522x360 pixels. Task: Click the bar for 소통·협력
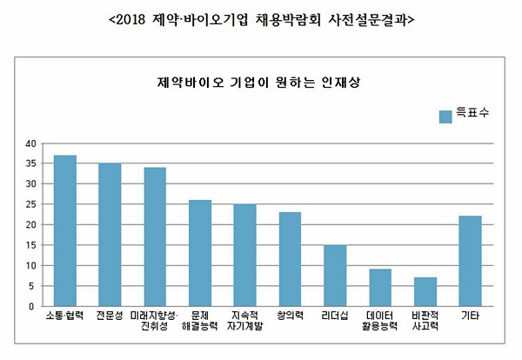point(64,230)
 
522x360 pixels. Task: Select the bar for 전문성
point(110,235)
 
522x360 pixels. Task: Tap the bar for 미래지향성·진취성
point(155,237)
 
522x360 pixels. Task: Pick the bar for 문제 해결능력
point(200,253)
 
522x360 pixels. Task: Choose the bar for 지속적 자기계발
point(244,255)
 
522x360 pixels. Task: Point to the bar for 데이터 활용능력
point(380,288)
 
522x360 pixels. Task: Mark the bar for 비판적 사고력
point(425,292)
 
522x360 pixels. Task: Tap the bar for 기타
point(470,261)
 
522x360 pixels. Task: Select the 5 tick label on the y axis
point(32,286)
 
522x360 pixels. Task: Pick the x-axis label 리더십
point(335,316)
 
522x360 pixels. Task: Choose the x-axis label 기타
point(470,316)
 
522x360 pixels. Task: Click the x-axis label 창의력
point(290,316)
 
